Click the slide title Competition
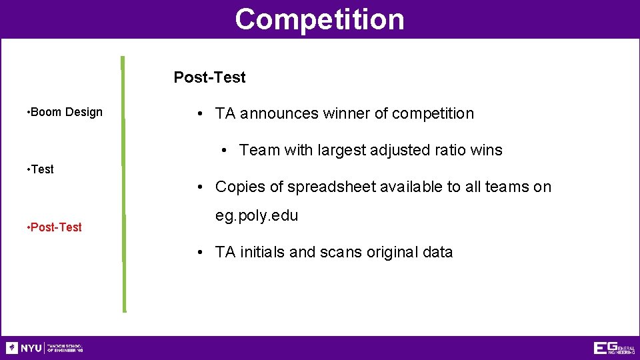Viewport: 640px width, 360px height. click(x=319, y=19)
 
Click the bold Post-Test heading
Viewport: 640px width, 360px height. click(x=209, y=77)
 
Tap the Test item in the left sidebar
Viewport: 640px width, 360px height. click(x=42, y=169)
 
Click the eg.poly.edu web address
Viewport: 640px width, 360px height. click(x=256, y=216)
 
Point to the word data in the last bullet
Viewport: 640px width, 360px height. click(x=437, y=252)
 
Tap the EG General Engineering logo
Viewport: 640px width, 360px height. click(x=614, y=348)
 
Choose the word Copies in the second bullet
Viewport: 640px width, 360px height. click(x=238, y=187)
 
